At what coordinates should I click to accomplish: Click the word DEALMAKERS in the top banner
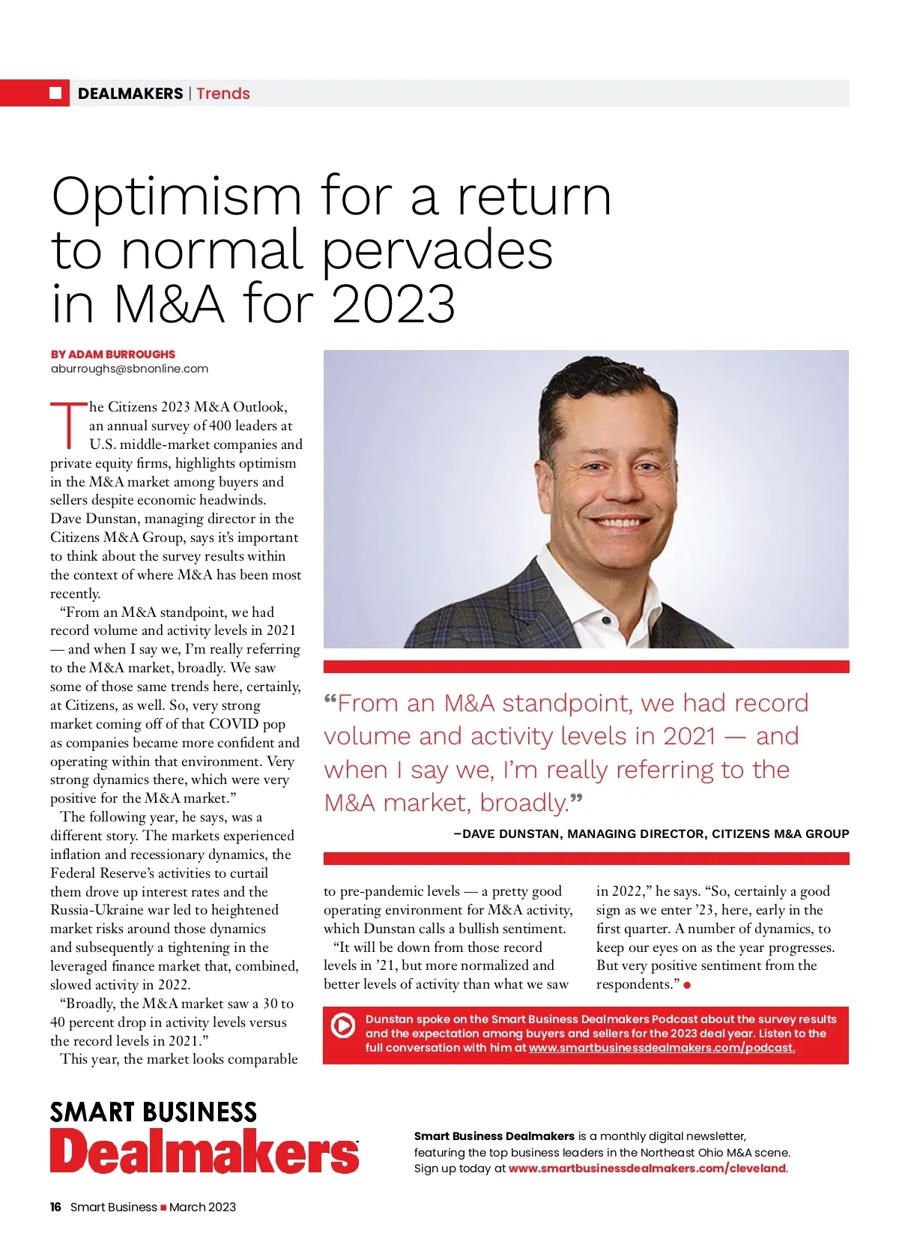[130, 94]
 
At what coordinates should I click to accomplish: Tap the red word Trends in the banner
[223, 94]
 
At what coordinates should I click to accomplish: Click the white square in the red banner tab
[55, 93]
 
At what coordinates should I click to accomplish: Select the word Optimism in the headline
[176, 197]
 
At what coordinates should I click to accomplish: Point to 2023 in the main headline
[393, 304]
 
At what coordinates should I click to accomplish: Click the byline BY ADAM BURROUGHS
[113, 354]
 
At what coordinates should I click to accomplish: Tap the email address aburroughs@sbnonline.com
[130, 369]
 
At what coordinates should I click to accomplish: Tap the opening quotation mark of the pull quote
[330, 702]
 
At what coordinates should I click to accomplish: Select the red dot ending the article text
[687, 985]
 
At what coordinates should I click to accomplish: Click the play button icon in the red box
[343, 1025]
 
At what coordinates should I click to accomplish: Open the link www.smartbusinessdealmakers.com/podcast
[662, 1048]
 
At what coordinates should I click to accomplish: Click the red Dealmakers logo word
[205, 1151]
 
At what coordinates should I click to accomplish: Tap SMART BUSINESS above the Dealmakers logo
[154, 1112]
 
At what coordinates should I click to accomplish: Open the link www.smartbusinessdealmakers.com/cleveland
[647, 1169]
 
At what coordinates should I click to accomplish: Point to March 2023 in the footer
[202, 1207]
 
